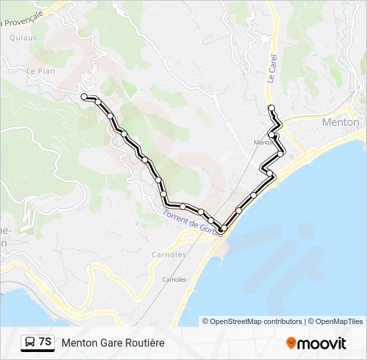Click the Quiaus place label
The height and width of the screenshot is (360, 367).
[x=23, y=38]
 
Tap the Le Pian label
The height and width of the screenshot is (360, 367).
[x=39, y=70]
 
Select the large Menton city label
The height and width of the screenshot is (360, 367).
[x=340, y=122]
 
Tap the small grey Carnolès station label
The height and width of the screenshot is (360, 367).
[x=174, y=279]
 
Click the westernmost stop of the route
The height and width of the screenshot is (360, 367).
[x=84, y=97]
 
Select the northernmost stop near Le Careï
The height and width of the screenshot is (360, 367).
[x=271, y=107]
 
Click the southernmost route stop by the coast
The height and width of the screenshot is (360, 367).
[x=224, y=229]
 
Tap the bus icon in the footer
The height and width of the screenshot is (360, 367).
[x=29, y=343]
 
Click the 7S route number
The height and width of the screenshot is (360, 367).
[x=45, y=342]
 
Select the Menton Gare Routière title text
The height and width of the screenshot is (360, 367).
[x=113, y=343]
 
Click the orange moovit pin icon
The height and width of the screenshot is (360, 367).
[x=291, y=343]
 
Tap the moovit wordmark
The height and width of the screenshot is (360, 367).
[x=322, y=343]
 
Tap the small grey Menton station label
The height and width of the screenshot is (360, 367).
[x=262, y=142]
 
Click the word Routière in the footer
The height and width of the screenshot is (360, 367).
[x=143, y=343]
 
